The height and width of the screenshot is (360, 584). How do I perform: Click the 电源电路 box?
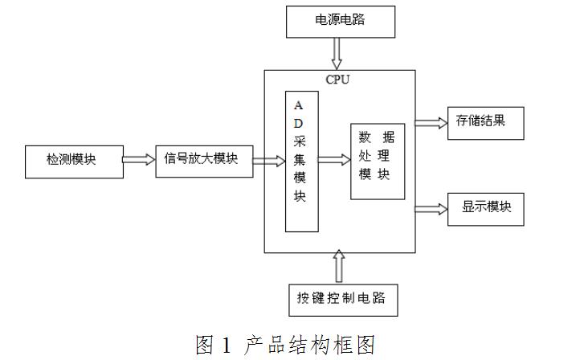click(x=339, y=21)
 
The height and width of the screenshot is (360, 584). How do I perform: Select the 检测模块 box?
click(x=71, y=160)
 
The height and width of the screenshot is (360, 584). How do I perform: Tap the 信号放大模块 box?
click(x=202, y=158)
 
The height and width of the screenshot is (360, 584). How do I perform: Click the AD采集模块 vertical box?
click(x=301, y=161)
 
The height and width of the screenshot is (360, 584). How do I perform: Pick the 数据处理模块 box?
click(x=376, y=160)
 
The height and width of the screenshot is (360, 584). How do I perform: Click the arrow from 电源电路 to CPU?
click(x=338, y=55)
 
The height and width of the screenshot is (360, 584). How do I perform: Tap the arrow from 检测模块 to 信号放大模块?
click(x=138, y=159)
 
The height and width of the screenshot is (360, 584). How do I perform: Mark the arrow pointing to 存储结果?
click(x=431, y=123)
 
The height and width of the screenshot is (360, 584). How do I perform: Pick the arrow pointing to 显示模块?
click(x=431, y=208)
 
